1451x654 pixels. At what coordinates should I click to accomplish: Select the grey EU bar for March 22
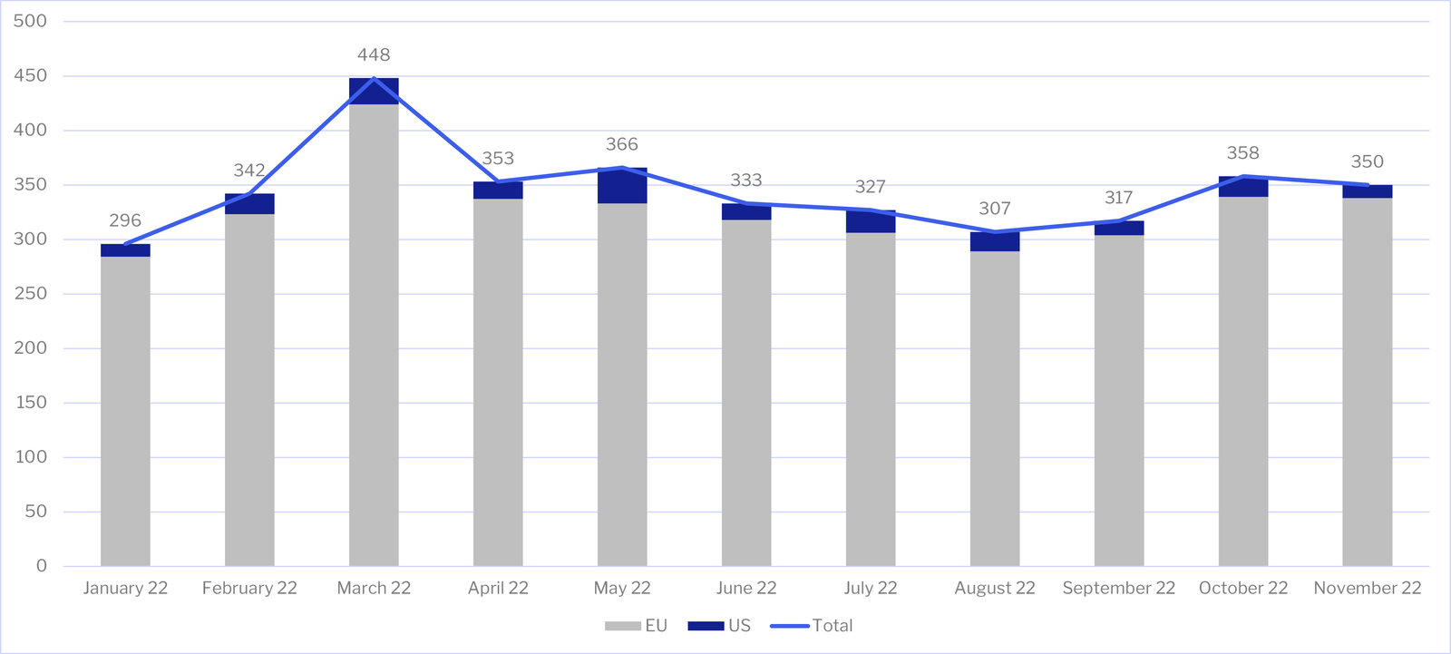(374, 336)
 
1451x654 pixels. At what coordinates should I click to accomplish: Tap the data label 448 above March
(374, 55)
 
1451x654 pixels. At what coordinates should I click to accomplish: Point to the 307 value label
(995, 209)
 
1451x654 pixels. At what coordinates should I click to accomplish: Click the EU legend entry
(637, 626)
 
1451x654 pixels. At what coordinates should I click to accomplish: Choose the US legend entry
(720, 626)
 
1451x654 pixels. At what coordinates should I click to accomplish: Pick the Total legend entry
(813, 626)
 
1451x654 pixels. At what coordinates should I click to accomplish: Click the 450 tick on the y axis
(31, 76)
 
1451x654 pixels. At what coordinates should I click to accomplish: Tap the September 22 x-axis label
(1119, 588)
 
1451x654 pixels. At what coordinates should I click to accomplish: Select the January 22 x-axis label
(125, 588)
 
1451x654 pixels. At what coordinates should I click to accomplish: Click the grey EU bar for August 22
(995, 408)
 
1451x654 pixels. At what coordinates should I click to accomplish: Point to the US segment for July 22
(871, 222)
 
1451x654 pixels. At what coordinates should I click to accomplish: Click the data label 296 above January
(125, 220)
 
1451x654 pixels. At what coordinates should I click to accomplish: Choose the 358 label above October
(1243, 153)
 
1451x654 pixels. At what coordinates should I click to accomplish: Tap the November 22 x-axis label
(1368, 588)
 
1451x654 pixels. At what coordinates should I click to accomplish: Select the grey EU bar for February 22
(249, 390)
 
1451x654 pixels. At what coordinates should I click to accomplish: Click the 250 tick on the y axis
(31, 294)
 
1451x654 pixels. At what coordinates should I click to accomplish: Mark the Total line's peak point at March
(374, 79)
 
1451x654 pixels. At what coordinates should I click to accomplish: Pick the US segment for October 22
(1243, 187)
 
